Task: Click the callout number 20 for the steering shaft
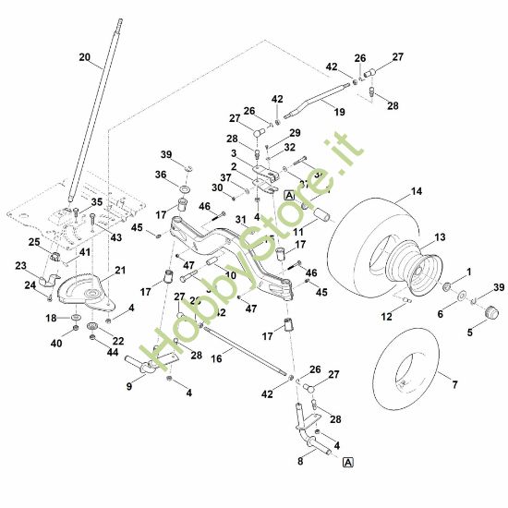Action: tap(85, 57)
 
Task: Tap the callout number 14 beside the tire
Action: tap(417, 191)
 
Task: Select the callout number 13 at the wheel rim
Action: tap(440, 237)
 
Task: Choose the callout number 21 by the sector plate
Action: tap(119, 271)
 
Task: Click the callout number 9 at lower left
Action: tap(129, 387)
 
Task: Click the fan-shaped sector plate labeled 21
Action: tap(85, 288)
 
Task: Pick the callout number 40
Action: tap(57, 343)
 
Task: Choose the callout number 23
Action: tap(21, 265)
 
